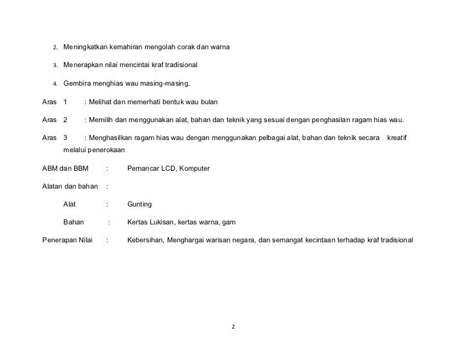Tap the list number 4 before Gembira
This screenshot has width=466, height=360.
(x=55, y=84)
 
